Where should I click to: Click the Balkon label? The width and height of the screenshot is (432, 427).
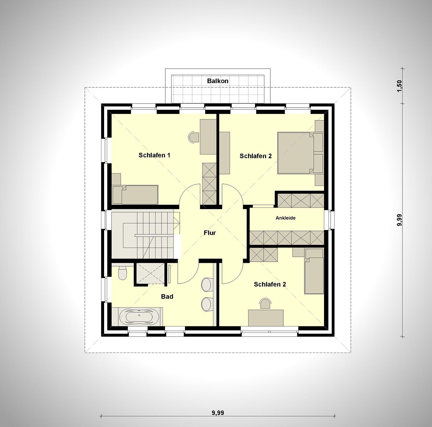(218, 81)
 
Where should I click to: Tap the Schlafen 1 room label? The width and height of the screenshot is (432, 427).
(154, 155)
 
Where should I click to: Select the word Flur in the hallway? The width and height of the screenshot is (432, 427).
(210, 233)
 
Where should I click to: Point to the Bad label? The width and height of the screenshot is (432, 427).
(167, 297)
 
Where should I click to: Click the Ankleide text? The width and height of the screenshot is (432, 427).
(285, 218)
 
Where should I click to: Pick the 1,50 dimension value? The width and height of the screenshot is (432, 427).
(399, 86)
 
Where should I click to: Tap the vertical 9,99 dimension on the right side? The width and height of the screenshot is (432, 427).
(399, 220)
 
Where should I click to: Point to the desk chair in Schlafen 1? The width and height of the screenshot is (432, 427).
(193, 137)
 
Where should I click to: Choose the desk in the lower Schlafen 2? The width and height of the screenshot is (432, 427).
(266, 318)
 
